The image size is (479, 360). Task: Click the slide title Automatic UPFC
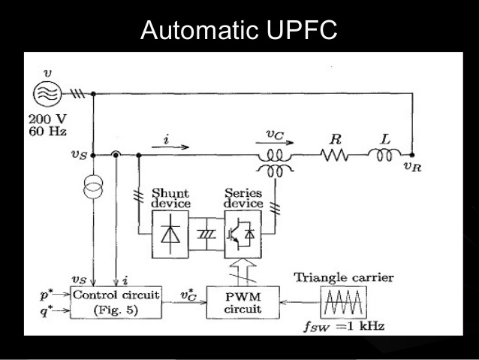[239, 29]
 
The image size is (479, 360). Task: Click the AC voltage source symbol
[47, 92]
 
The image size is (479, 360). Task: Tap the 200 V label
[47, 119]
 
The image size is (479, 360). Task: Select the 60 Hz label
[47, 132]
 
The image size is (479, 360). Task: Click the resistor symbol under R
[334, 155]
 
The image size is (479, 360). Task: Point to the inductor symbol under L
[384, 155]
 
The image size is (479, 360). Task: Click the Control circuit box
[116, 302]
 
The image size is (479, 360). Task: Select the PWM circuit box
[243, 302]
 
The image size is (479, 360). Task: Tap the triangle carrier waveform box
[344, 302]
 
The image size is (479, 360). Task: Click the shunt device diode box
[170, 234]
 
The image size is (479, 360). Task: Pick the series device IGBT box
[243, 234]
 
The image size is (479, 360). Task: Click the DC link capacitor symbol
[206, 234]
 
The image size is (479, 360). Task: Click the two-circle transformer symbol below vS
[93, 186]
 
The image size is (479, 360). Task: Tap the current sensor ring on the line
[116, 155]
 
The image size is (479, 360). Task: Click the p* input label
[47, 295]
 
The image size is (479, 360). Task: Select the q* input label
[47, 311]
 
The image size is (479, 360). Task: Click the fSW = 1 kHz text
[344, 326]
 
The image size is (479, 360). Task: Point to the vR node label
[412, 167]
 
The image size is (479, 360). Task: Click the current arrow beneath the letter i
[170, 147]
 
